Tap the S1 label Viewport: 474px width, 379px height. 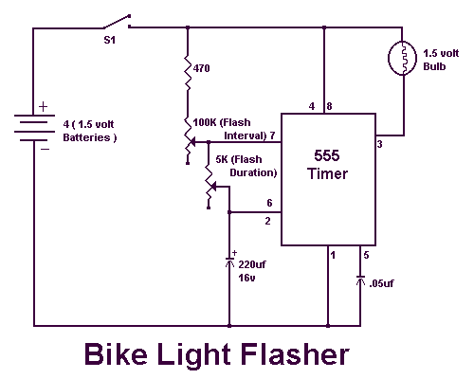110,40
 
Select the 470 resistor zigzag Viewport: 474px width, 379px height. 188,73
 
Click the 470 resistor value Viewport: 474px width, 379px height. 201,68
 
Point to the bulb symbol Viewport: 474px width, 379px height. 402,58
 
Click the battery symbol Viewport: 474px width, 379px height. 34,128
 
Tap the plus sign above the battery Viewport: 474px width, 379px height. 44,107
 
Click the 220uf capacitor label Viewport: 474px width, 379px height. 252,264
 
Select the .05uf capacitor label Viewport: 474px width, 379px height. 381,283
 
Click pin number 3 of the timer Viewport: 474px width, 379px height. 379,144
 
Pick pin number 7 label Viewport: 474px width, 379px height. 272,135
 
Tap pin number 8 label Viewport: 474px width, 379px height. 329,106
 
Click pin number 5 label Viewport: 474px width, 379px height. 366,255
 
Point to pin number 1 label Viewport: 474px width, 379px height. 333,255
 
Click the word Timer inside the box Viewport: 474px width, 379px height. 327,173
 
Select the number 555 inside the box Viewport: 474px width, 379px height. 327,155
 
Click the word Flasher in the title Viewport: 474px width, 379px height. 295,354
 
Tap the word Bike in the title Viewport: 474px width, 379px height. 116,354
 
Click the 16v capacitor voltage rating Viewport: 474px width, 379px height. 246,278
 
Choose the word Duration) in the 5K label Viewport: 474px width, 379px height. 253,172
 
